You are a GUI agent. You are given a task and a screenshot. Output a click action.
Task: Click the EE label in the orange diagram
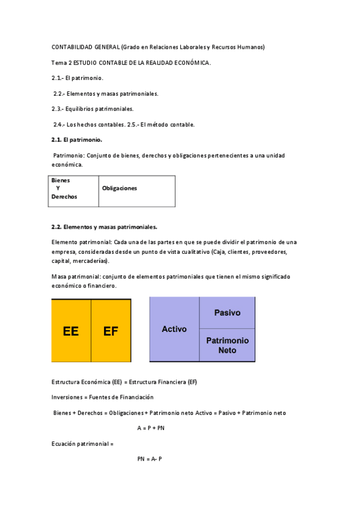(71, 331)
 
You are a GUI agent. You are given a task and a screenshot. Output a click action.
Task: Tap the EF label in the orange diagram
(111, 331)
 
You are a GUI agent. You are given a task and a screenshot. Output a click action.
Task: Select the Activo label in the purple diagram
(174, 329)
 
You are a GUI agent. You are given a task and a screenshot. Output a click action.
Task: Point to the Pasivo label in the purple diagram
(228, 313)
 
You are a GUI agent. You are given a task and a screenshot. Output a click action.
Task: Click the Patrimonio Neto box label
(227, 345)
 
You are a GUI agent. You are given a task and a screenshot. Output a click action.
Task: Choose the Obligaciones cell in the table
(120, 188)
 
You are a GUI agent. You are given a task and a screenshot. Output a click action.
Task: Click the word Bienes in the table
(60, 180)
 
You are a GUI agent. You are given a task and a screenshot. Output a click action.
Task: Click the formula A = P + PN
(151, 428)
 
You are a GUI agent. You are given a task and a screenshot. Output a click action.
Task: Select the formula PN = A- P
(150, 459)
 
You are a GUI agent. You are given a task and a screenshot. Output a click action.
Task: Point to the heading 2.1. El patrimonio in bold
(77, 140)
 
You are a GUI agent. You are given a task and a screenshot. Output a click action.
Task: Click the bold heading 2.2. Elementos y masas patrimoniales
(105, 227)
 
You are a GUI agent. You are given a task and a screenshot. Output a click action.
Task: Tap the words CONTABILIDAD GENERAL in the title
(85, 47)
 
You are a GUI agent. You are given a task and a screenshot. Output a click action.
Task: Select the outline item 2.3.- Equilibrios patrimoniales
(93, 109)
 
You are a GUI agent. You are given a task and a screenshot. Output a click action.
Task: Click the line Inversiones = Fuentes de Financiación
(102, 397)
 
